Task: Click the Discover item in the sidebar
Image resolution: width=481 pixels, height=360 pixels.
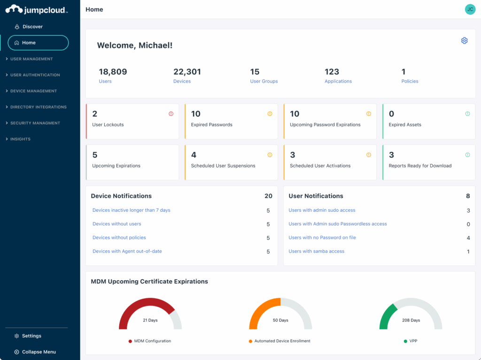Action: coord(32,27)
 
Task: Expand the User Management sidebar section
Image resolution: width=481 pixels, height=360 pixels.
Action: coord(31,59)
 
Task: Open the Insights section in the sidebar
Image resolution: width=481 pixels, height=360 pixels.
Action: coord(20,139)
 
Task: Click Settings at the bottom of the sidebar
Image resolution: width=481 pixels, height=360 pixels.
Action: coord(31,336)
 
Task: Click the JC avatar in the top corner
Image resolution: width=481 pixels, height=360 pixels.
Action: coord(470,9)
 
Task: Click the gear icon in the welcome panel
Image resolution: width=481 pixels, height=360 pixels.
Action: coord(464,41)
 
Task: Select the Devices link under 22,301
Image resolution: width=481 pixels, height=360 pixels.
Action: coord(182,81)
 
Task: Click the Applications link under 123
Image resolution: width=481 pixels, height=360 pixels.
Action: coord(338,81)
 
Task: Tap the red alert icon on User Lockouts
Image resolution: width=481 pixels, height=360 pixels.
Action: coord(171,114)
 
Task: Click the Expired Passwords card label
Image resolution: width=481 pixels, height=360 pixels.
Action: coord(211,125)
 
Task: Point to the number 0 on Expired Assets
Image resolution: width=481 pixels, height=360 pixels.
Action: coord(391,114)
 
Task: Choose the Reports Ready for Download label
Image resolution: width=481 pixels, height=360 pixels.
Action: coord(420,166)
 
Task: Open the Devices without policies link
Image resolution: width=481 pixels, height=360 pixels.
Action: coord(119,237)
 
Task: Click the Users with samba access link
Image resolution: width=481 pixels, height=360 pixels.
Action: coord(316,251)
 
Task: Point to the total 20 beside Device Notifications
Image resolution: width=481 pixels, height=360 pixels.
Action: coord(268,196)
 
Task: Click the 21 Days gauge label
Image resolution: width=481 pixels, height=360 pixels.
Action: coord(150,320)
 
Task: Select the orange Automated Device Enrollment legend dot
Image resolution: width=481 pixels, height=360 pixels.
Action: coord(250,341)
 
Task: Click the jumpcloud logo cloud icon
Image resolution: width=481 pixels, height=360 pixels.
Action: coord(14,9)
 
